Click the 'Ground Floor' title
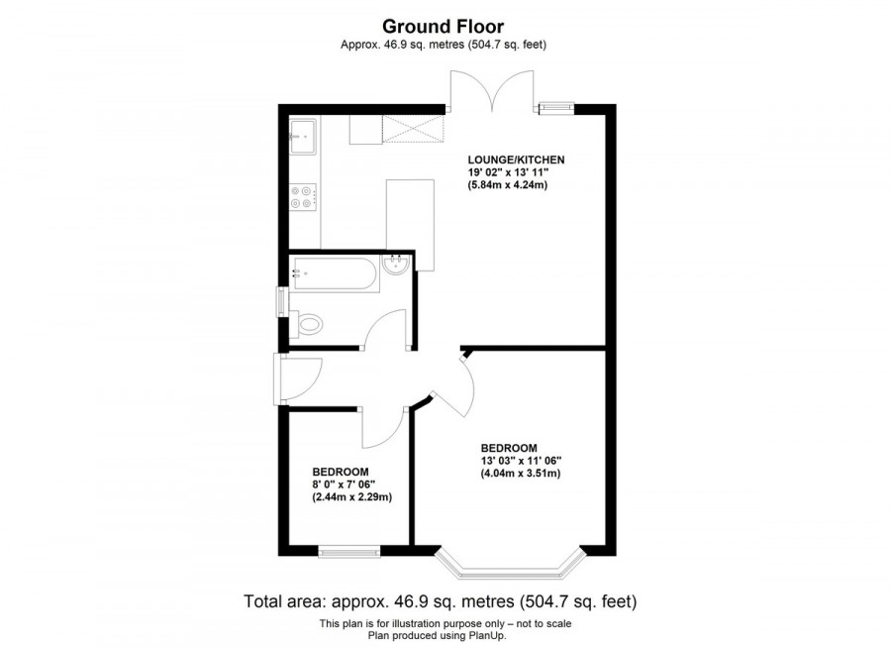tap(445, 27)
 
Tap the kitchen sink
tap(303, 136)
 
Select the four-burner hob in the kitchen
tap(303, 198)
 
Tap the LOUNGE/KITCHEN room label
tap(517, 160)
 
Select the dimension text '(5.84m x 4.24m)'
tap(509, 185)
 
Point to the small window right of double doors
tap(556, 106)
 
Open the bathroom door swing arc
tap(387, 330)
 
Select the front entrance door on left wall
tap(298, 378)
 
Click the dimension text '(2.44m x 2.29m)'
tap(352, 497)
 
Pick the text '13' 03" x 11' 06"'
tap(522, 460)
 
